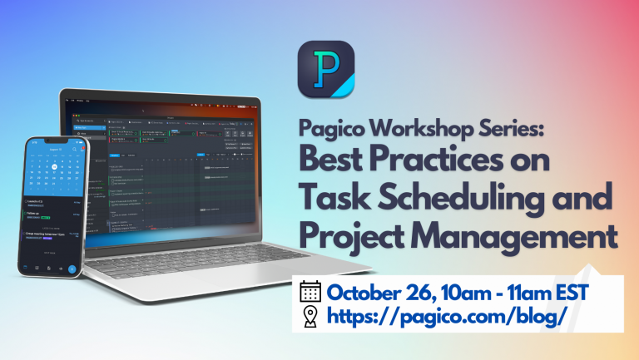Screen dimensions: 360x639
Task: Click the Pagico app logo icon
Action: (325, 71)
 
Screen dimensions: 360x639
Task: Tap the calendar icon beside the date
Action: (310, 292)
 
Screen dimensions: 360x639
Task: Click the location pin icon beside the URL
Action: (310, 316)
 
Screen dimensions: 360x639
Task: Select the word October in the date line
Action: (364, 292)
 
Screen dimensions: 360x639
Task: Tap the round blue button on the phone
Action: (72, 269)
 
